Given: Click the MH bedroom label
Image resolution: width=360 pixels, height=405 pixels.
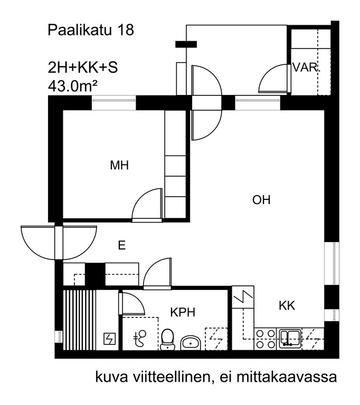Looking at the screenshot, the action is coord(119,165).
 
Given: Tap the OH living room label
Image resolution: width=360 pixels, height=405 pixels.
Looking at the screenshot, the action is coord(261,200).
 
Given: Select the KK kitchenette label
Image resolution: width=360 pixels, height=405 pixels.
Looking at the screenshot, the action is coord(287,305).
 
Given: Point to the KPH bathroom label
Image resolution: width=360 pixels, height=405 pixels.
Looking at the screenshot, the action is coord(183,312).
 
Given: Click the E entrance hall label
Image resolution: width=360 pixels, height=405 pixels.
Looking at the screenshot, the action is coord(122,245).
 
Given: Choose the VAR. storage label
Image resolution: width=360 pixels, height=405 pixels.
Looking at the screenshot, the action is coord(306,67).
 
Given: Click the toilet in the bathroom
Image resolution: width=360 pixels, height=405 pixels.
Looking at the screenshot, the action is coord(167,340).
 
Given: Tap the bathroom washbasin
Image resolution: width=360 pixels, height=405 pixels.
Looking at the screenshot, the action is coord(191,342).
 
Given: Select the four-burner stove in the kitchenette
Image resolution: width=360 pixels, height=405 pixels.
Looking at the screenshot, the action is coord(266,339).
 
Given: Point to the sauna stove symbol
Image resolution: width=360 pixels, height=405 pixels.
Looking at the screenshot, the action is coord(109,339).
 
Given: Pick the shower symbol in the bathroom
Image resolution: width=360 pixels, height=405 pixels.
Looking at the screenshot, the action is coord(140,339).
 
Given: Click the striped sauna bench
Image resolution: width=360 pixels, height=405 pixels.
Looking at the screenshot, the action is coord(80,320).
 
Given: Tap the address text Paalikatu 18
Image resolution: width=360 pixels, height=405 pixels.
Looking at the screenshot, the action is coord(91,30).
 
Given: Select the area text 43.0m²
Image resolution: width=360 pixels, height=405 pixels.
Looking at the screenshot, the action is coord(72,86).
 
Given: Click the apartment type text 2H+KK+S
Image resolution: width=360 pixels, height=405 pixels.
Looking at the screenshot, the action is coord(83,67).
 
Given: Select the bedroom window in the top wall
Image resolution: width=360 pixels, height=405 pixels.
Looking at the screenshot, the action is coord(114,103).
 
